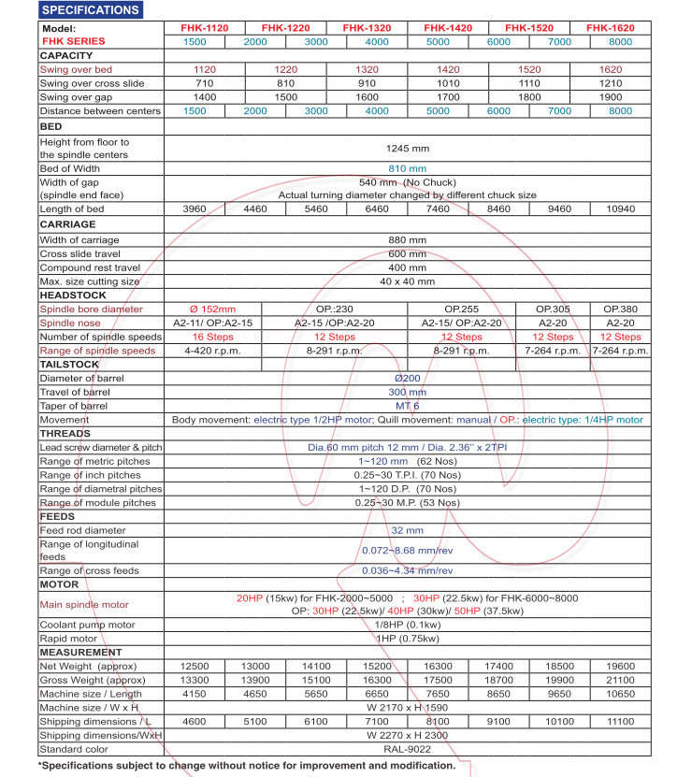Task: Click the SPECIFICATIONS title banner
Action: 92,10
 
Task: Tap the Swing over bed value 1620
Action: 618,69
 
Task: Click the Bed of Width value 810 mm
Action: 407,168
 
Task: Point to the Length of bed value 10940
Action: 618,209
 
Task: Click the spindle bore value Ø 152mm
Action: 211,309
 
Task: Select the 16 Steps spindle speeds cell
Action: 211,337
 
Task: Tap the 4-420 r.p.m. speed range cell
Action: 211,351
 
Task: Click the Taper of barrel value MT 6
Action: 407,406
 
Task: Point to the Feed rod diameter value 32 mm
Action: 407,529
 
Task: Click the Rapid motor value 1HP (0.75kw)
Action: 407,639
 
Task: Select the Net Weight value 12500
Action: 194,666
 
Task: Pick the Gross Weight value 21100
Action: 618,680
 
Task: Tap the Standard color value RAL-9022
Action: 407,749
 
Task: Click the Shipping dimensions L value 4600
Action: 194,721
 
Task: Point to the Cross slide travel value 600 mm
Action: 407,253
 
